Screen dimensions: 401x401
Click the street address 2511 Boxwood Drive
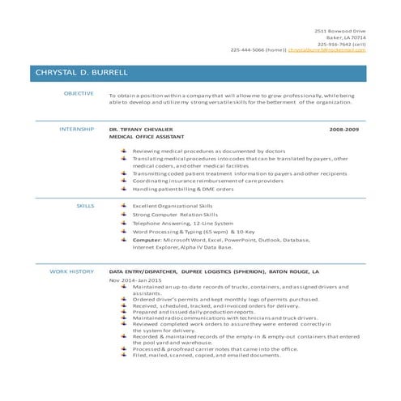tap(340, 30)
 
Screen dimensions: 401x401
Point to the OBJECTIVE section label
tap(79, 95)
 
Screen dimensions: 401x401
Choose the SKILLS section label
tap(85, 207)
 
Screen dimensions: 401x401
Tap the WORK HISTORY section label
tap(71, 272)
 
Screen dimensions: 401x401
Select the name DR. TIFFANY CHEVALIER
tap(141, 130)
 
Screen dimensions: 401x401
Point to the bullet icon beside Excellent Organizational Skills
tap(123, 207)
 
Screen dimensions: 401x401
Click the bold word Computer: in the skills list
tap(147, 240)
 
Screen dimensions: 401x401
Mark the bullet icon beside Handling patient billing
tap(123, 189)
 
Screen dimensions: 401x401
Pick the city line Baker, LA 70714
tap(346, 37)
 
